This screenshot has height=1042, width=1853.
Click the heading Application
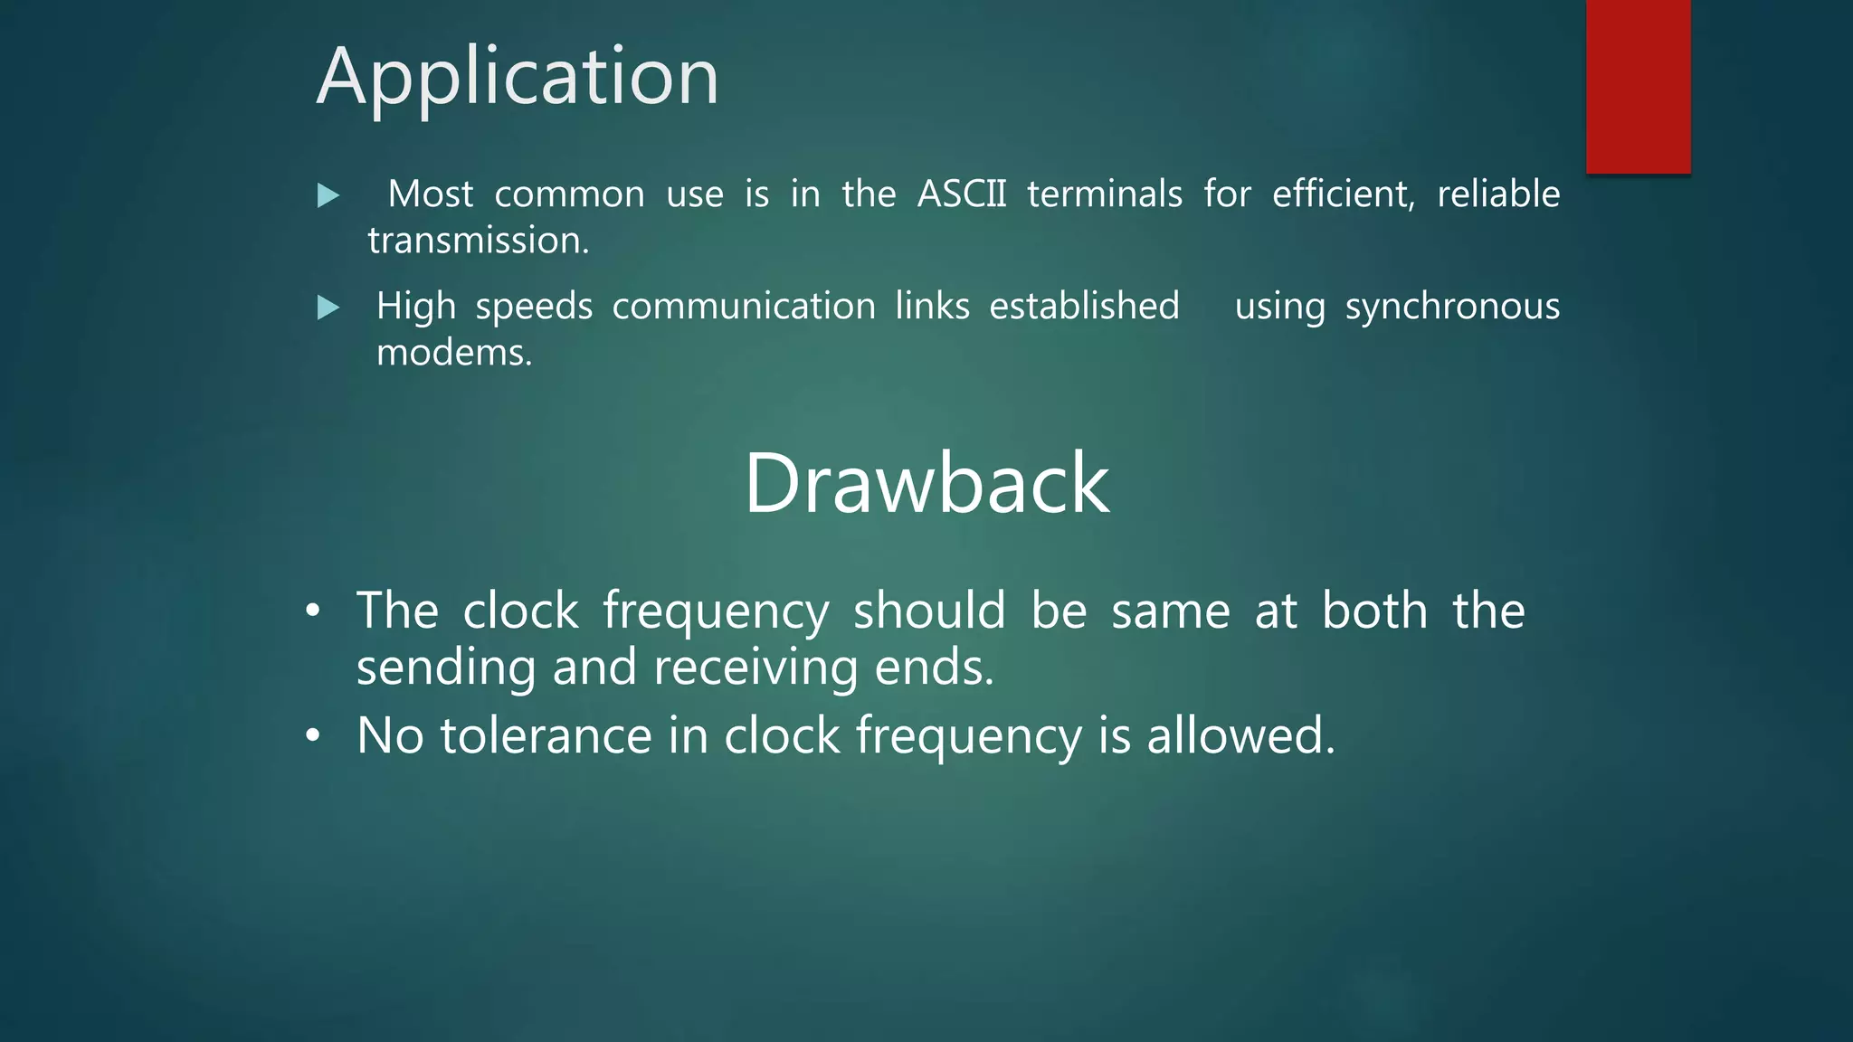(x=518, y=78)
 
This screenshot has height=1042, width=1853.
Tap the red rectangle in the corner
(x=1638, y=86)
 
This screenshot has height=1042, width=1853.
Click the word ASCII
(x=961, y=194)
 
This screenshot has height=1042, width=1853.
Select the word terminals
(x=1104, y=194)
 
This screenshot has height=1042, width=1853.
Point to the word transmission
(x=478, y=241)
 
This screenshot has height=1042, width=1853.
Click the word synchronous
(x=1451, y=308)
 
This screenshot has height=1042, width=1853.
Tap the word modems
(x=453, y=353)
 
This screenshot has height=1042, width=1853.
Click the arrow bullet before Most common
(x=328, y=195)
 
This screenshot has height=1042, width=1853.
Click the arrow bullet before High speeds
(x=328, y=308)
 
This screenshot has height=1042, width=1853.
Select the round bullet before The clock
(x=313, y=611)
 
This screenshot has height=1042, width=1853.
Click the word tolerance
(x=546, y=735)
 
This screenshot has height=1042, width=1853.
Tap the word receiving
(x=755, y=668)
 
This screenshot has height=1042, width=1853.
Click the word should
(x=928, y=611)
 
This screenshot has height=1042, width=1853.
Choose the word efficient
(x=1343, y=194)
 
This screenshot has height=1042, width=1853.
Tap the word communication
(x=743, y=306)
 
